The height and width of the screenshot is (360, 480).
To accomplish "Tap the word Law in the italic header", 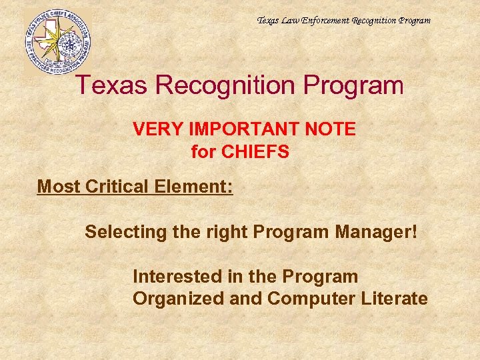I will pos(291,20).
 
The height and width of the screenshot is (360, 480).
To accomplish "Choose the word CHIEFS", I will pos(255,152).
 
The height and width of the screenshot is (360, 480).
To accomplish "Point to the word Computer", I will pos(309,299).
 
